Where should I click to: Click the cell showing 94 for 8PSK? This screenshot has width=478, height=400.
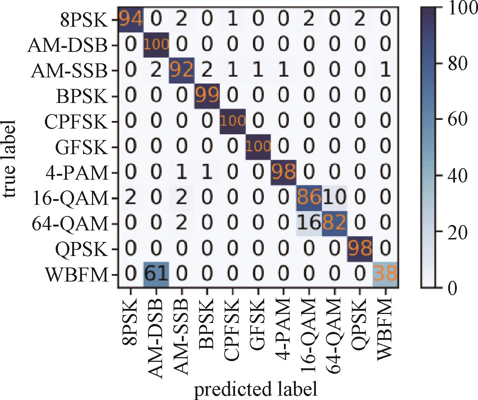[131, 20]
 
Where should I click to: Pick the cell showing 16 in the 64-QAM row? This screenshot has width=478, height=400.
[309, 223]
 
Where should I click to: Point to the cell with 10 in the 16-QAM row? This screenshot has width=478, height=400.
[335, 198]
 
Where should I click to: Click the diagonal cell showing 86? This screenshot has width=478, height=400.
[309, 198]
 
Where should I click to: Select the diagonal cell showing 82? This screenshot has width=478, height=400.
[335, 223]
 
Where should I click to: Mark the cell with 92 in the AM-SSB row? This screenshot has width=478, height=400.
[182, 71]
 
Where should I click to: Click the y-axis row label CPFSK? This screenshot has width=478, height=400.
[76, 122]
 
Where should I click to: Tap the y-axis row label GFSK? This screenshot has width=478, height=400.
[82, 147]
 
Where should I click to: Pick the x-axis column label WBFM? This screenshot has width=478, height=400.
[385, 326]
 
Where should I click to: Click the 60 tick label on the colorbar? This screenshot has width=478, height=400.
[457, 120]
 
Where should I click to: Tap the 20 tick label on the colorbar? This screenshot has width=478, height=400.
[457, 232]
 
